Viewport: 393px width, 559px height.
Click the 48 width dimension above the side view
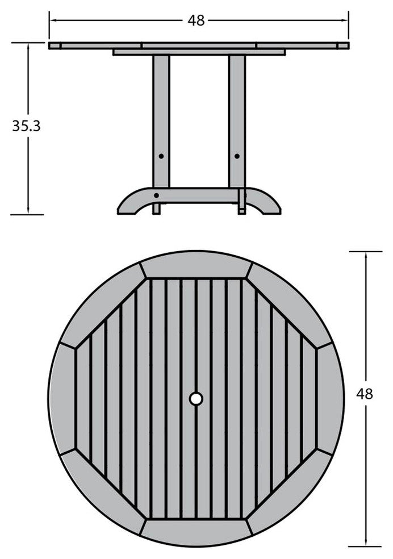pyautogui.click(x=196, y=20)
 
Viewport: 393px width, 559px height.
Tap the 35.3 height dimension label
pyautogui.click(x=26, y=126)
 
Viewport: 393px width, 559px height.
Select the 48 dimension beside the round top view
pyautogui.click(x=365, y=394)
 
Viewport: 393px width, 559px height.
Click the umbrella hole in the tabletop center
pyautogui.click(x=196, y=399)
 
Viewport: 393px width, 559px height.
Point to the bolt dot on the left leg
pyautogui.click(x=161, y=156)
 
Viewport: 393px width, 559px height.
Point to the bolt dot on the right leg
pyautogui.click(x=237, y=156)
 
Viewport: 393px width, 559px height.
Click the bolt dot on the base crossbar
pyautogui.click(x=156, y=195)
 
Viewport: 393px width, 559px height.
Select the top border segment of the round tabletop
pyautogui.click(x=196, y=265)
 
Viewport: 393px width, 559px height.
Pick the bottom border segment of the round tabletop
pyautogui.click(x=196, y=532)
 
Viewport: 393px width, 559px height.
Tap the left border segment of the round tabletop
pyautogui.click(x=62, y=399)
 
